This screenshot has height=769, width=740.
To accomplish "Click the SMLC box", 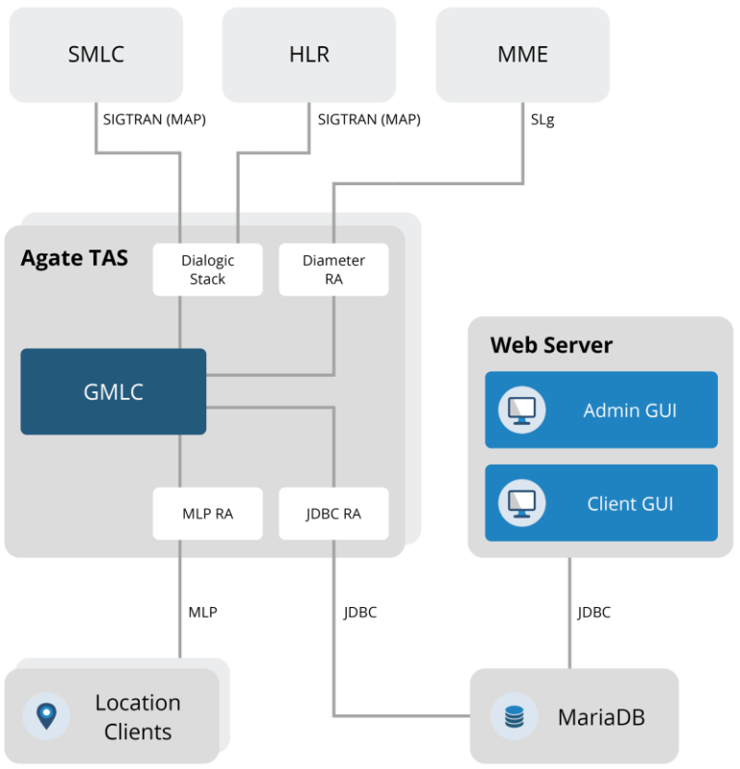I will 95,54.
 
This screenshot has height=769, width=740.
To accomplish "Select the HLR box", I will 308,54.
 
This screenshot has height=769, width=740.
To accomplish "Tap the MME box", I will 522,54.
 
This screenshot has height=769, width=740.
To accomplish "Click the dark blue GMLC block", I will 114,391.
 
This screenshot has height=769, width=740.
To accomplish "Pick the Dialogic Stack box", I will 207,270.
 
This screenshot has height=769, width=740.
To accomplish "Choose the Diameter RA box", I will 333,270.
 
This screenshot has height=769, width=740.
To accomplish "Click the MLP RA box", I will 207,514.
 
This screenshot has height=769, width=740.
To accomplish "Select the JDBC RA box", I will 333,514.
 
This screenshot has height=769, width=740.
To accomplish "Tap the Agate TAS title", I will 74,257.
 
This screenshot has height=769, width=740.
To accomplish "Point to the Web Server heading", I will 551,345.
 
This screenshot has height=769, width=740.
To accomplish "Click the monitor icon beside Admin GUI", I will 521,411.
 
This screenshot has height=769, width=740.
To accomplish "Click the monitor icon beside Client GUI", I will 521,503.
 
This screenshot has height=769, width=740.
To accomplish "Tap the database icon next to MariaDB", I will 514,717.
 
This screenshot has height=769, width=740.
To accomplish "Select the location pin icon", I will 46,716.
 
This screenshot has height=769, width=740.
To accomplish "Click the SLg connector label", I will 542,121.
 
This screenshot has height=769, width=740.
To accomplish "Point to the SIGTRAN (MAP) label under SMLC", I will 154,120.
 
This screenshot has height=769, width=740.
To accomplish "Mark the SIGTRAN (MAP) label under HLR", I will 369,120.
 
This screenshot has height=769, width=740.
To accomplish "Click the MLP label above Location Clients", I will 202,612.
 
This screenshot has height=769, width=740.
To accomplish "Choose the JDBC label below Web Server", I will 594,612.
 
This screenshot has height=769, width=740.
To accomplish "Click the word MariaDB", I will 601,718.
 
